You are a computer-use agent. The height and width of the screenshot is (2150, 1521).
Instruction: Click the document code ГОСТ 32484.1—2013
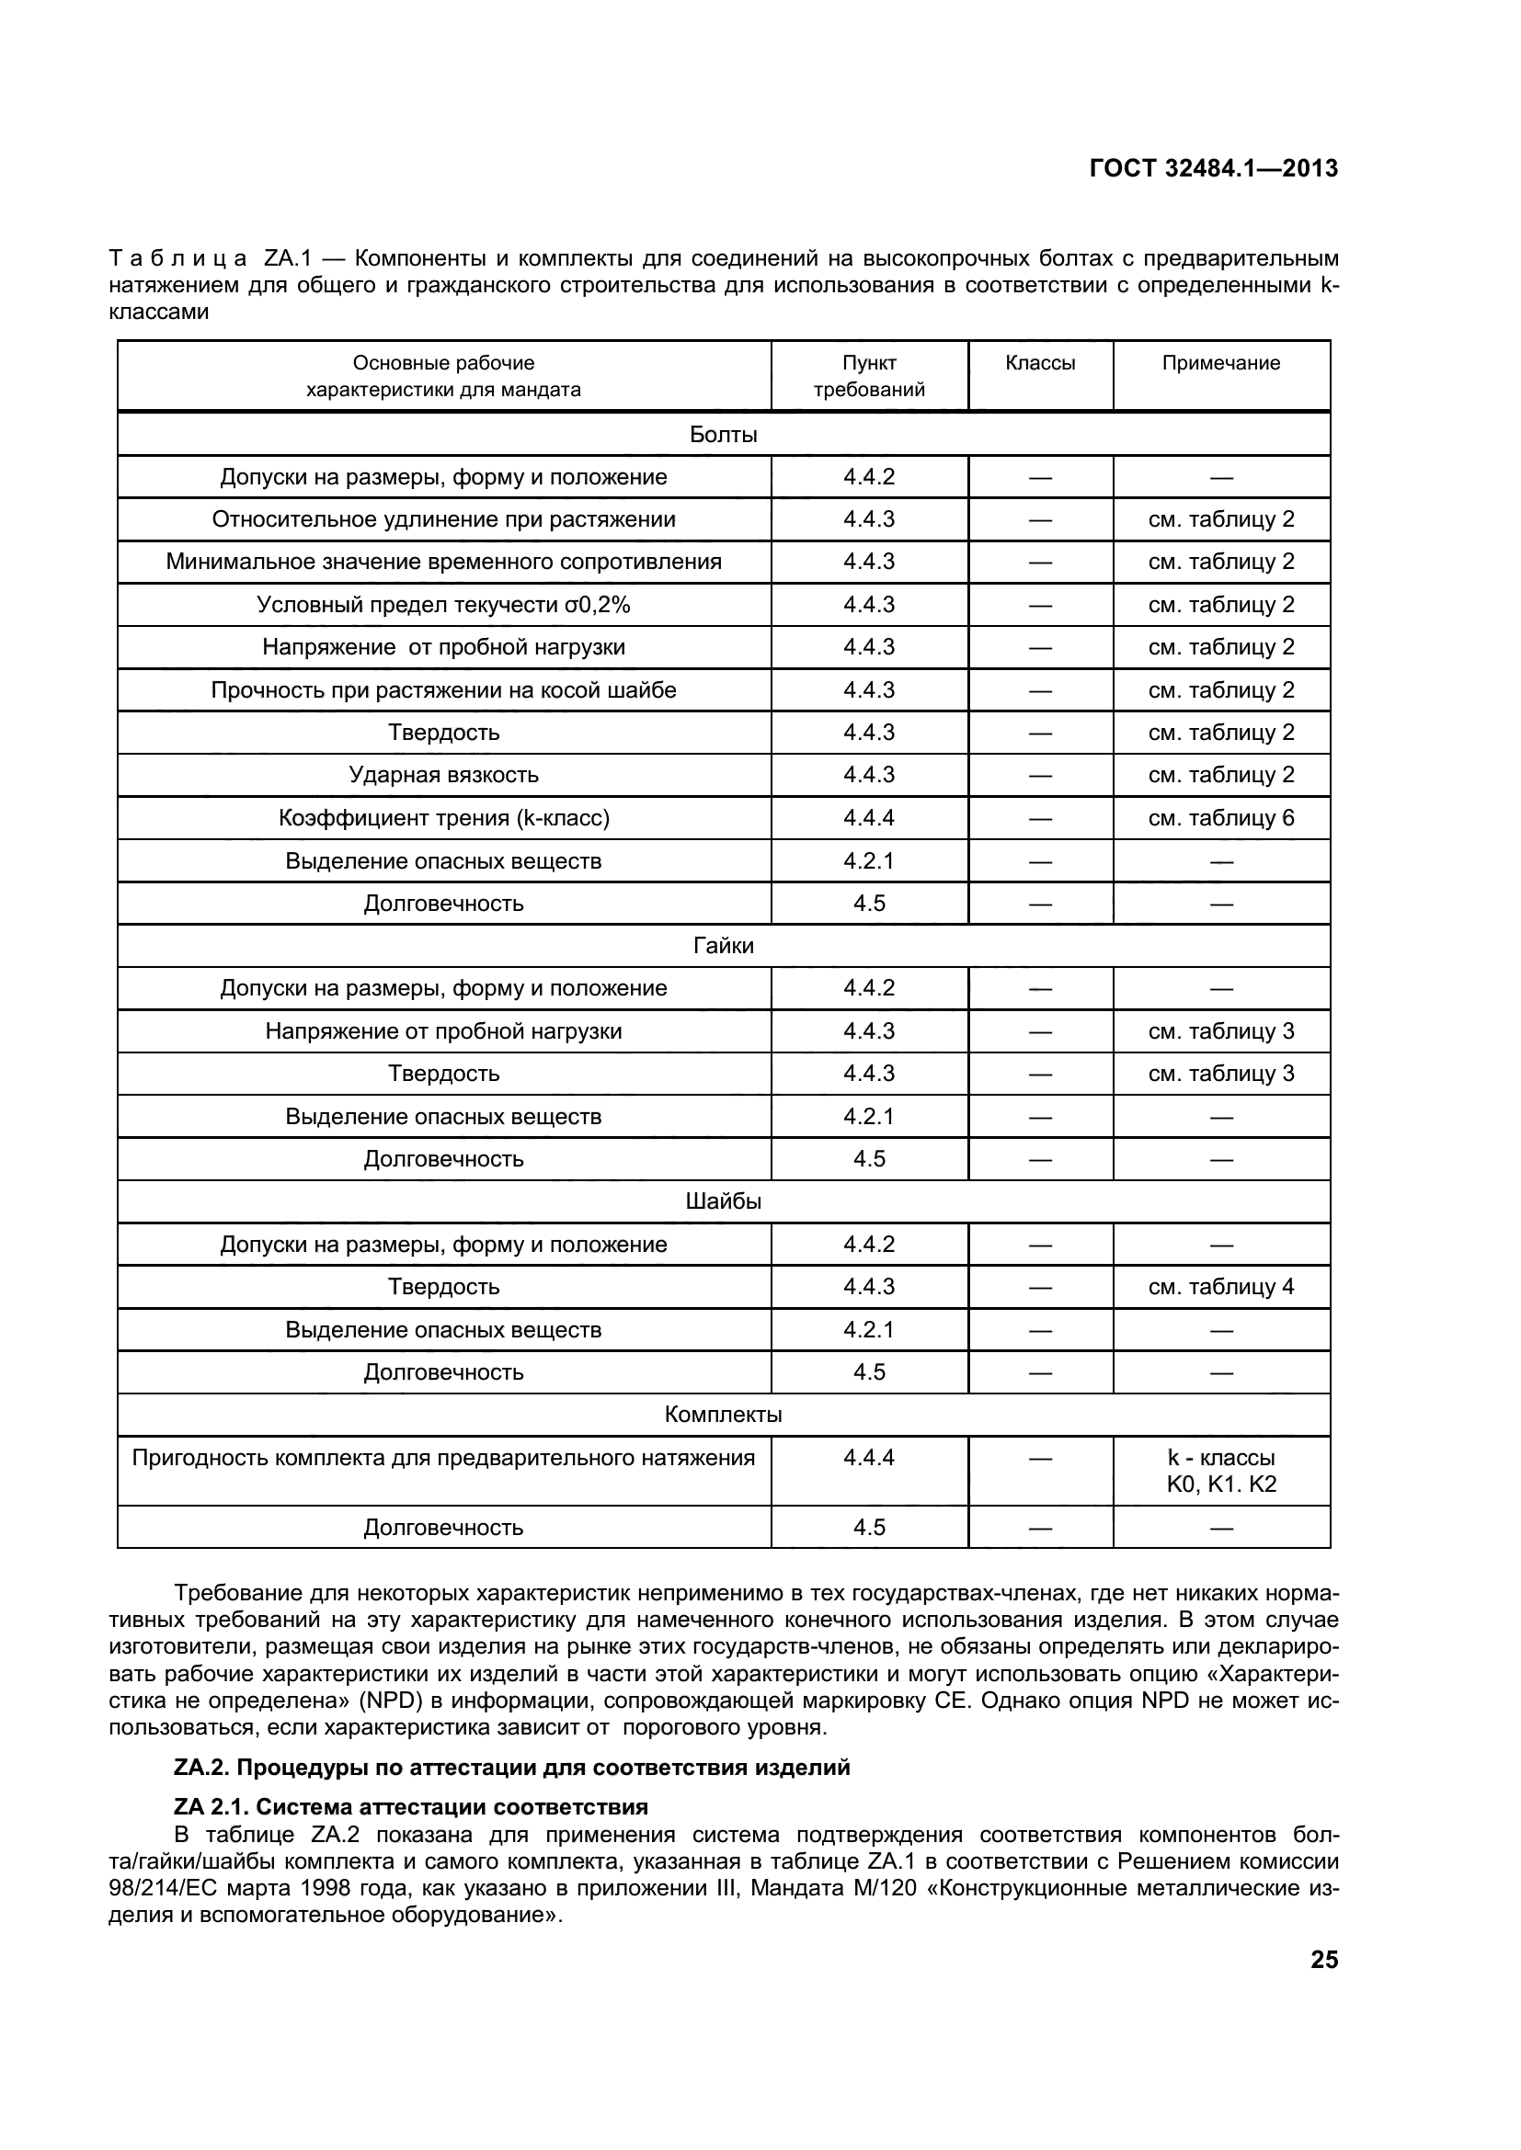pyautogui.click(x=1214, y=168)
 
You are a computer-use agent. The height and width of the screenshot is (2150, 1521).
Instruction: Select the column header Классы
pyautogui.click(x=1040, y=363)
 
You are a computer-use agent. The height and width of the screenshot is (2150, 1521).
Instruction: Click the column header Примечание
pyautogui.click(x=1220, y=363)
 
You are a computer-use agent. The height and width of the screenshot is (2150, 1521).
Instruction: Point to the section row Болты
pyautogui.click(x=723, y=435)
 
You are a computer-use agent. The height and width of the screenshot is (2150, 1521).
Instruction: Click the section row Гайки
pyautogui.click(x=723, y=946)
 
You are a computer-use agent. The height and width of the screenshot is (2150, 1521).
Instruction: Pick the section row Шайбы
pyautogui.click(x=723, y=1201)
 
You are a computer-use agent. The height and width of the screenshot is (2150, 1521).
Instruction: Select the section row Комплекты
pyautogui.click(x=723, y=1415)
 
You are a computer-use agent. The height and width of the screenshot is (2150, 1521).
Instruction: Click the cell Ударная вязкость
pyautogui.click(x=444, y=776)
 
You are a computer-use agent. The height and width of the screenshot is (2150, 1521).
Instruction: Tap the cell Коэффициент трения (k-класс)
pyautogui.click(x=444, y=818)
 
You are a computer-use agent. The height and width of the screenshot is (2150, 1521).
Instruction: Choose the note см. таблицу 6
pyautogui.click(x=1220, y=818)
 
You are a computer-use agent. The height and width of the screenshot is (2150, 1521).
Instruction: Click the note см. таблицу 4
pyautogui.click(x=1220, y=1287)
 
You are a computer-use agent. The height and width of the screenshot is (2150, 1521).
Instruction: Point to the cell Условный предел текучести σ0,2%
pyautogui.click(x=444, y=605)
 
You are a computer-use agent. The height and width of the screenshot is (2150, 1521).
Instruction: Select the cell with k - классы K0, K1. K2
pyautogui.click(x=1220, y=1471)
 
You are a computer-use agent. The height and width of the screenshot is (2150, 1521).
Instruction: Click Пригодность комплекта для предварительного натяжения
pyautogui.click(x=444, y=1458)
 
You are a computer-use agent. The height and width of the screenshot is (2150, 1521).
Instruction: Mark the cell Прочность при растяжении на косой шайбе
pyautogui.click(x=444, y=690)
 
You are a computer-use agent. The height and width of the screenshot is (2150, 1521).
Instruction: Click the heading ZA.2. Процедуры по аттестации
pyautogui.click(x=512, y=1768)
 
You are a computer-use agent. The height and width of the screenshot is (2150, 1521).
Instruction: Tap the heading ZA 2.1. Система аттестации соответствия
pyautogui.click(x=411, y=1806)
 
